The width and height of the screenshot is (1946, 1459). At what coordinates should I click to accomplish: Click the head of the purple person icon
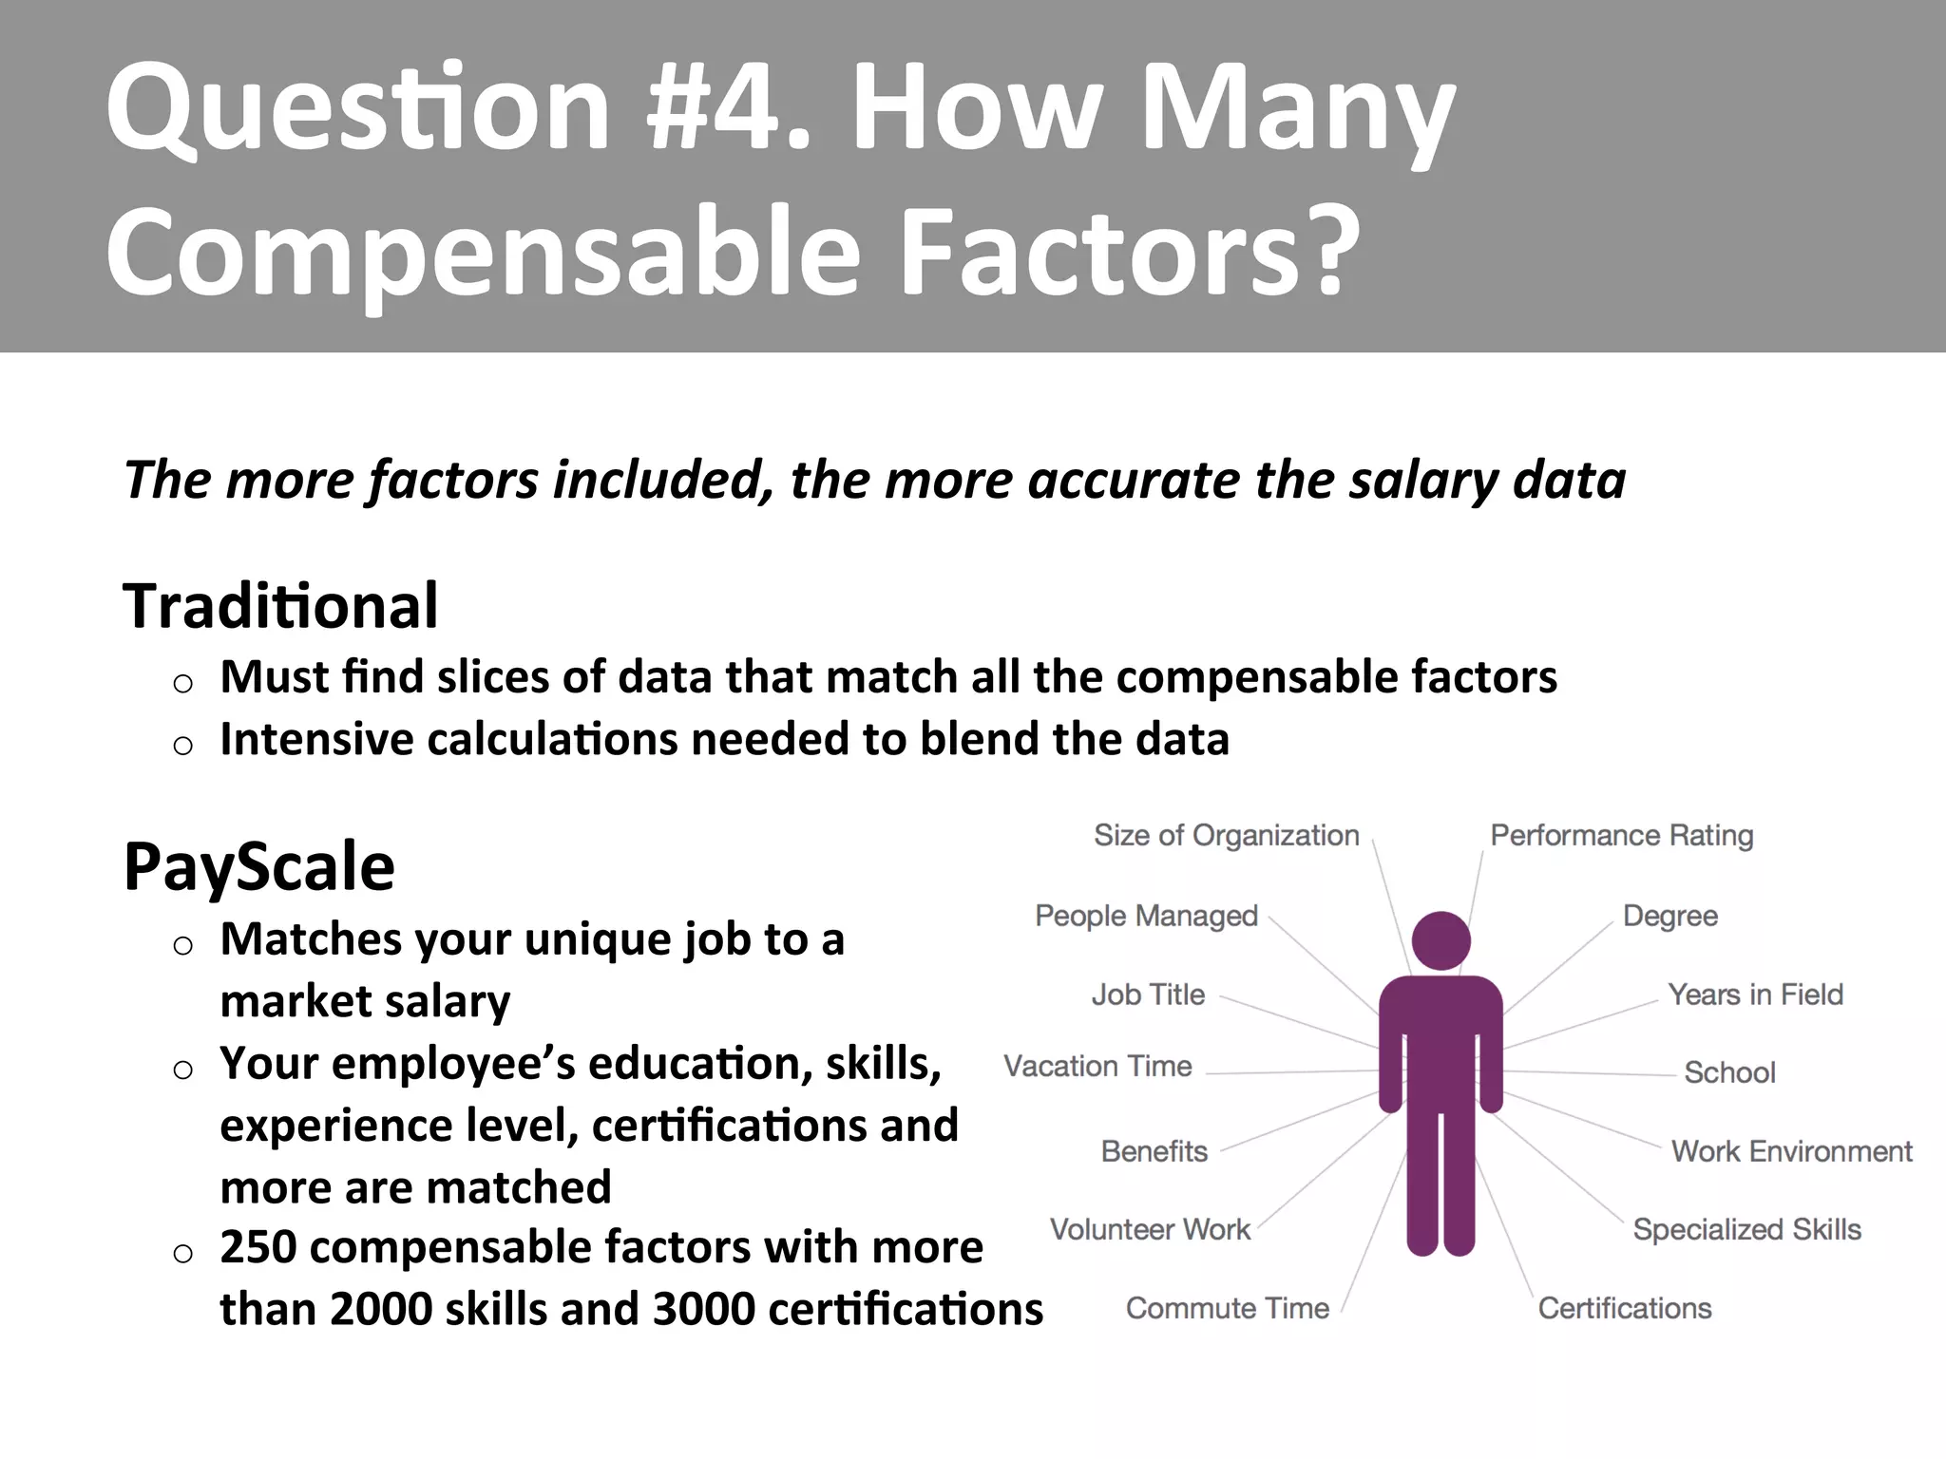click(1440, 940)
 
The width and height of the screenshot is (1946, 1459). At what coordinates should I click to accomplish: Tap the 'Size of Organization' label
click(1226, 836)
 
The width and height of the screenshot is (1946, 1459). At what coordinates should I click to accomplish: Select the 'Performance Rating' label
click(1621, 836)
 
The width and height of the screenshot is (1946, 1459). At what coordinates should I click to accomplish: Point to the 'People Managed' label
click(1146, 916)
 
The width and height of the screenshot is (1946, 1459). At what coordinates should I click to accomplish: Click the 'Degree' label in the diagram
click(1669, 917)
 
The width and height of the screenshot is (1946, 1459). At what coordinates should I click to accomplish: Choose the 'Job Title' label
click(1148, 995)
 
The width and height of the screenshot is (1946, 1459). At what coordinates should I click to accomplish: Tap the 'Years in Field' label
click(1755, 995)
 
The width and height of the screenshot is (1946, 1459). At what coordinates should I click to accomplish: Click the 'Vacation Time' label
click(1097, 1067)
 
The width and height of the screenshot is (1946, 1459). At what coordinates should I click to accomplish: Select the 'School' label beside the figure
click(1729, 1072)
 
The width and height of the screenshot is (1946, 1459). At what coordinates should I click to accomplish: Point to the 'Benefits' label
click(1154, 1151)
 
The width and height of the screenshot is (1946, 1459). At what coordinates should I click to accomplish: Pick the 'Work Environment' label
click(1791, 1151)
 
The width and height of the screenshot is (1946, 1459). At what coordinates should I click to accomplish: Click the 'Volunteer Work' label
click(1150, 1229)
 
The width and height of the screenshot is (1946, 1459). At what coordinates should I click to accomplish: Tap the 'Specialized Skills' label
click(1746, 1229)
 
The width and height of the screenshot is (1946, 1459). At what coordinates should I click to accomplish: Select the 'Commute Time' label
click(1227, 1308)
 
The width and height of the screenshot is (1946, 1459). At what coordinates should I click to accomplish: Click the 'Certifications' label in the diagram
click(1625, 1308)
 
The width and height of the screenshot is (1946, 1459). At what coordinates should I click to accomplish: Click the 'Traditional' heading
click(280, 606)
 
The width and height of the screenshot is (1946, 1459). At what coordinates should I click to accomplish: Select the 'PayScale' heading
click(258, 866)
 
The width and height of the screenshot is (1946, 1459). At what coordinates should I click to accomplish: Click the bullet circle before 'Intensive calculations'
click(183, 745)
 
